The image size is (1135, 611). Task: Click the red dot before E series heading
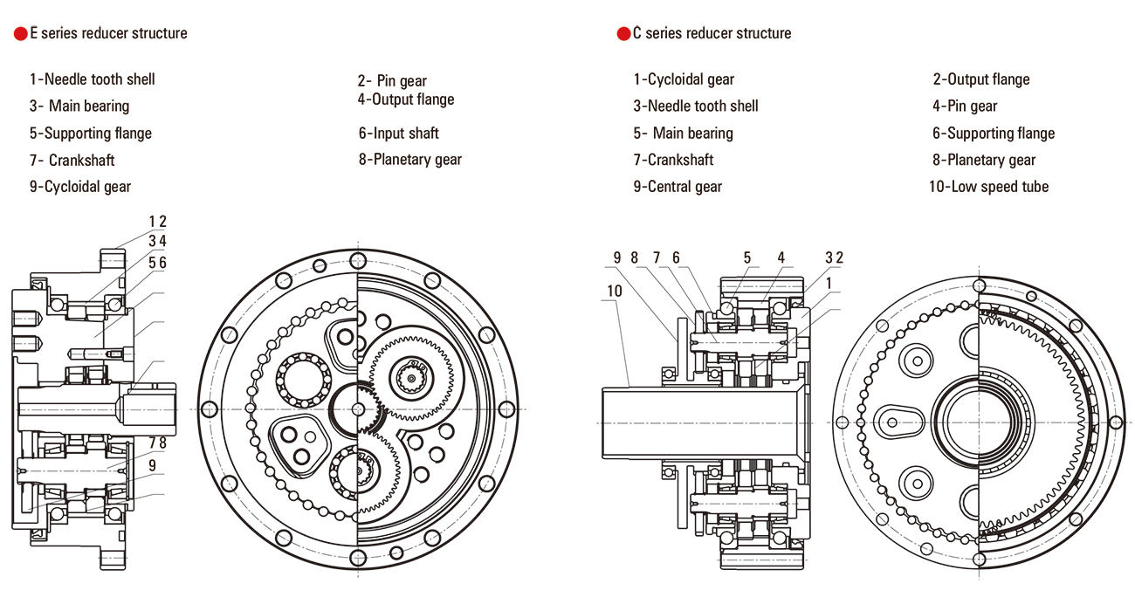pyautogui.click(x=20, y=34)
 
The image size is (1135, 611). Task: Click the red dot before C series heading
pyautogui.click(x=623, y=34)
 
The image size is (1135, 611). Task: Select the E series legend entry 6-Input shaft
pyautogui.click(x=398, y=134)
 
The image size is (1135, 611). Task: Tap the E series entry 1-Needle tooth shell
pyautogui.click(x=92, y=79)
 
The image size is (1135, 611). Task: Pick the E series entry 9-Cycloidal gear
pyautogui.click(x=79, y=186)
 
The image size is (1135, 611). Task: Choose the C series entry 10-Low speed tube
pyautogui.click(x=988, y=186)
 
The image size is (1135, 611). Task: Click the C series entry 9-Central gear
pyautogui.click(x=678, y=186)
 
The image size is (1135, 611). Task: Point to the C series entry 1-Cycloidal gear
pyautogui.click(x=684, y=79)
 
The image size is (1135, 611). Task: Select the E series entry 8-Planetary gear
pyautogui.click(x=409, y=160)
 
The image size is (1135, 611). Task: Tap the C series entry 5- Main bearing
pyautogui.click(x=683, y=134)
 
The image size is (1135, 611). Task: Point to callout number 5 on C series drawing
pyautogui.click(x=747, y=257)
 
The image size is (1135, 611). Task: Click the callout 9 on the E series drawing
pyautogui.click(x=152, y=465)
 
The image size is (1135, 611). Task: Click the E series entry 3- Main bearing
pyautogui.click(x=79, y=106)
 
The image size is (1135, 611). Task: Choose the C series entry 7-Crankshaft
pyautogui.click(x=673, y=160)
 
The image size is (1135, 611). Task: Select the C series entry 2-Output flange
pyautogui.click(x=981, y=79)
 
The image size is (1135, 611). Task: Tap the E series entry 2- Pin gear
pyautogui.click(x=392, y=81)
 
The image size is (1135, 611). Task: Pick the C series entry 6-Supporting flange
pyautogui.click(x=994, y=134)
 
